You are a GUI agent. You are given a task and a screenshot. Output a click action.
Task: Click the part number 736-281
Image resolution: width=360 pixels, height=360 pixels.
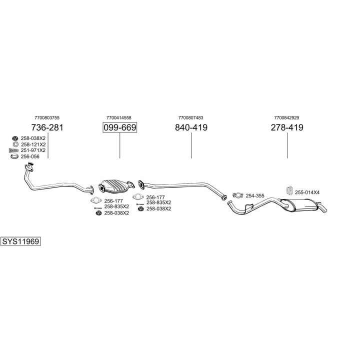pyautogui.click(x=47, y=127)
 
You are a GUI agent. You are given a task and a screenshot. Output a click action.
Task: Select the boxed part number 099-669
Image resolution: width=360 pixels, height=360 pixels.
pyautogui.click(x=119, y=127)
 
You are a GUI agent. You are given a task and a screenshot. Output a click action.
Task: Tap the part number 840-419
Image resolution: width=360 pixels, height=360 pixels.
pyautogui.click(x=191, y=127)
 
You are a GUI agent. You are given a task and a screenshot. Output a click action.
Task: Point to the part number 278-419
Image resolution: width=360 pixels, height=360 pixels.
pyautogui.click(x=287, y=127)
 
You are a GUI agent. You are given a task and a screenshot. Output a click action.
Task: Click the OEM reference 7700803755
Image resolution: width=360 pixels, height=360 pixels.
pyautogui.click(x=47, y=118)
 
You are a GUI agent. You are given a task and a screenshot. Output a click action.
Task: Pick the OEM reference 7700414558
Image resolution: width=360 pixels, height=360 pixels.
pyautogui.click(x=119, y=118)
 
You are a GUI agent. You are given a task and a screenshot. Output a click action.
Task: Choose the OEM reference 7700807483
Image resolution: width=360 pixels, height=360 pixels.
pyautogui.click(x=191, y=118)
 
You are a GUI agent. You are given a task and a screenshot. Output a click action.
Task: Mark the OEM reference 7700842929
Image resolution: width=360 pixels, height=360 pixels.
pyautogui.click(x=286, y=118)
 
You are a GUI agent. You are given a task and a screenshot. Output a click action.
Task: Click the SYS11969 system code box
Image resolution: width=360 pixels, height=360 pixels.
pyautogui.click(x=20, y=241)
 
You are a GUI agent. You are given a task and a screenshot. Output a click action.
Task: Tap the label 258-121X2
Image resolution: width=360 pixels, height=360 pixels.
pyautogui.click(x=33, y=144)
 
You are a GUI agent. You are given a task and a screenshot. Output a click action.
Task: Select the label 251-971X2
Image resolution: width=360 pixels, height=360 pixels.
pyautogui.click(x=33, y=150)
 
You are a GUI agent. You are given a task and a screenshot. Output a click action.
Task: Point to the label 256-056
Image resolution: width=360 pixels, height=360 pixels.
pyautogui.click(x=30, y=156)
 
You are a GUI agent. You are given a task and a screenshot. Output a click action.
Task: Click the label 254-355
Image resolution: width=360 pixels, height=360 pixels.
pyautogui.click(x=255, y=195)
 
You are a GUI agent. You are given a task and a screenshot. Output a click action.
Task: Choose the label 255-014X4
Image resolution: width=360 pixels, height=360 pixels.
pyautogui.click(x=307, y=192)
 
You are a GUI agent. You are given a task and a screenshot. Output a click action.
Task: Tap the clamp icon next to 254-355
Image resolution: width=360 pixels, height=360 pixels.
pyautogui.click(x=238, y=195)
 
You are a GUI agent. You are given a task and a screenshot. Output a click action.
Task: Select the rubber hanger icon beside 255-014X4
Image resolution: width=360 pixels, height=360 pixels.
pyautogui.click(x=289, y=191)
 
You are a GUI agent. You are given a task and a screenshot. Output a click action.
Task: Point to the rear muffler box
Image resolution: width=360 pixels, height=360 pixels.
pyautogui.click(x=299, y=204)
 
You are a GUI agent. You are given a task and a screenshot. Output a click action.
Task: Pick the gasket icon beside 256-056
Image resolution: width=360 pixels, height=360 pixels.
pyautogui.click(x=14, y=156)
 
